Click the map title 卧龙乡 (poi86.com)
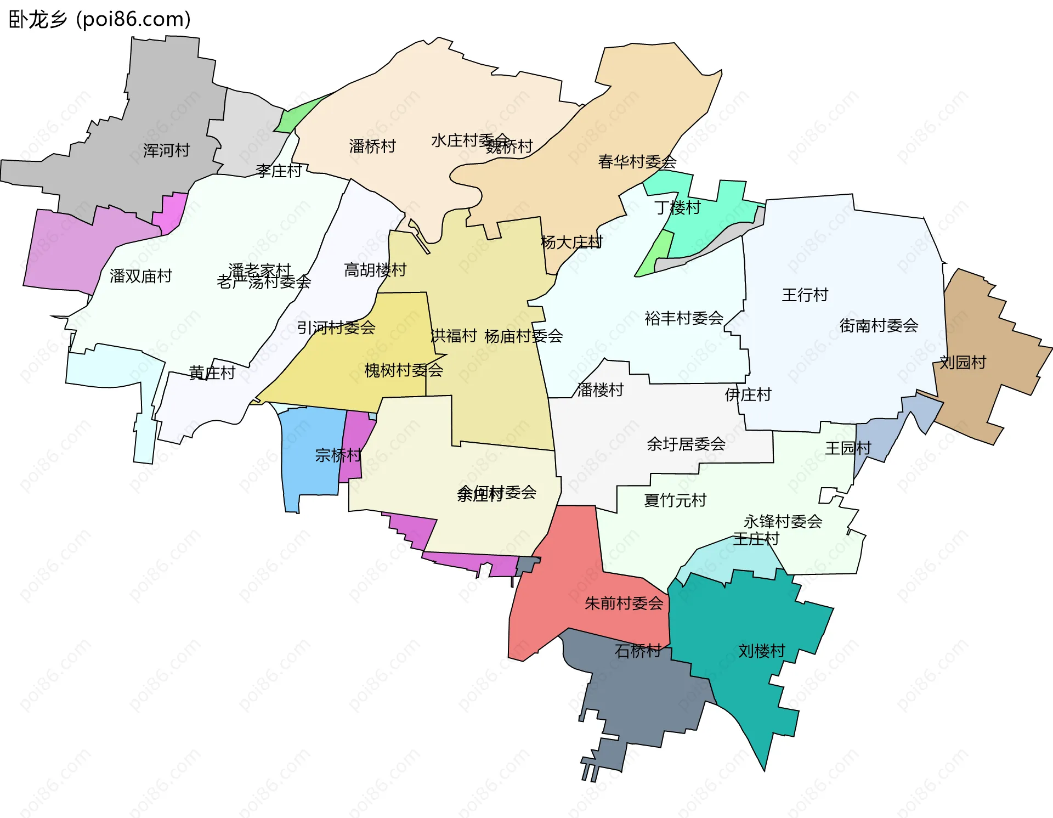(x=100, y=19)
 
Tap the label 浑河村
(x=166, y=150)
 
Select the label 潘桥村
(x=372, y=146)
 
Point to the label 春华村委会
(x=637, y=162)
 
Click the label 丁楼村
(x=677, y=208)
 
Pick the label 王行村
(x=805, y=295)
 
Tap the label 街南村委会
(x=879, y=326)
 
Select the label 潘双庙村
(x=141, y=276)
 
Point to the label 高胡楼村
(x=375, y=270)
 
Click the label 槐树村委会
(x=404, y=370)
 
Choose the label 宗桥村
(x=338, y=455)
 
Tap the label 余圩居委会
(x=686, y=444)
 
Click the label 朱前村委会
(x=624, y=603)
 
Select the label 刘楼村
(x=761, y=651)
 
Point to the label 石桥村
(x=638, y=651)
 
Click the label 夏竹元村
(x=675, y=500)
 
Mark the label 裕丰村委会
(x=684, y=318)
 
